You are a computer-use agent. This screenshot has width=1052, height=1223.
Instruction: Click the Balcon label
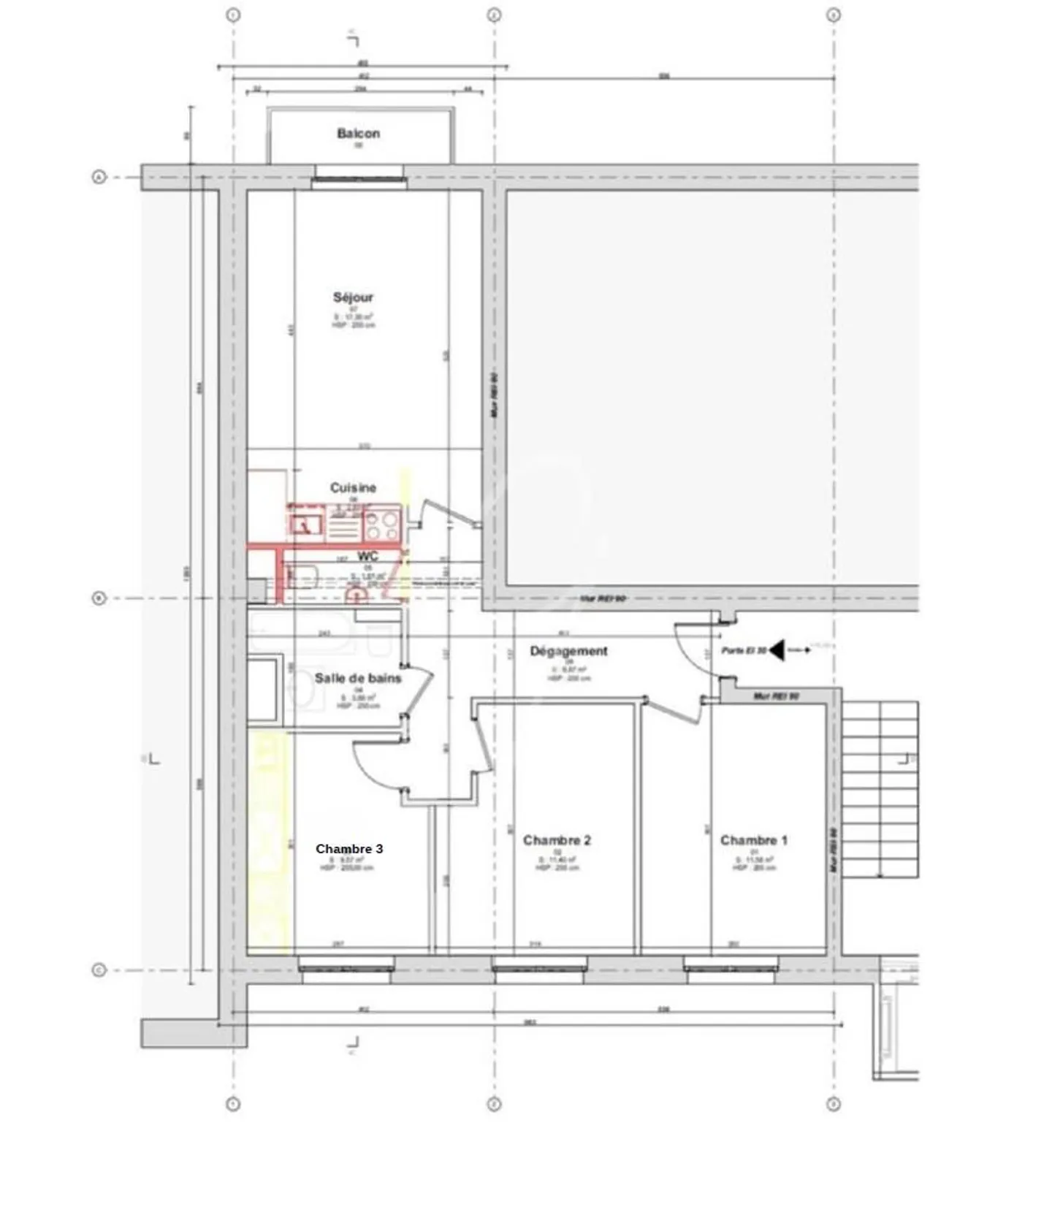[358, 134]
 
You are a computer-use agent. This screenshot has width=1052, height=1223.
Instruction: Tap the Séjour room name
[353, 297]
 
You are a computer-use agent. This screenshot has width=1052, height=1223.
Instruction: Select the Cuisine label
[353, 487]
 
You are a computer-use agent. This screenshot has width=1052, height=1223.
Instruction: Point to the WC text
[367, 557]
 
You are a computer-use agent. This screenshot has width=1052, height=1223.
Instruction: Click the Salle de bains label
[358, 678]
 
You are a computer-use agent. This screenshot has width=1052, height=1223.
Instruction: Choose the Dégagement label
[568, 651]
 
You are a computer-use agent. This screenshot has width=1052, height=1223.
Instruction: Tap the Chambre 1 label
[754, 840]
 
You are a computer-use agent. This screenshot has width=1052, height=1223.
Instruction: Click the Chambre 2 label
[557, 840]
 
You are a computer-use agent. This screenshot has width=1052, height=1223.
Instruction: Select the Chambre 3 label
[349, 848]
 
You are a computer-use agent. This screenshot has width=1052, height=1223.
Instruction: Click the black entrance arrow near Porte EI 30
[777, 649]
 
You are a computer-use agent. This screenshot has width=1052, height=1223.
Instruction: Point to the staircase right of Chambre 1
[880, 789]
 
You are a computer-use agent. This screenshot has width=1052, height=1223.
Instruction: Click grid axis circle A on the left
[99, 177]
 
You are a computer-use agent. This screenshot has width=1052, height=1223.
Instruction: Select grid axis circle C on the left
[99, 970]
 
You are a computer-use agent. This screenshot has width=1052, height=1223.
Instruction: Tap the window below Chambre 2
[539, 969]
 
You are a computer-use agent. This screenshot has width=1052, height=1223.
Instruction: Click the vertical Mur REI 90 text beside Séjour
[495, 395]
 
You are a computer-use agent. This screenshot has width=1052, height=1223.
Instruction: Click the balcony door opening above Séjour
[359, 176]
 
